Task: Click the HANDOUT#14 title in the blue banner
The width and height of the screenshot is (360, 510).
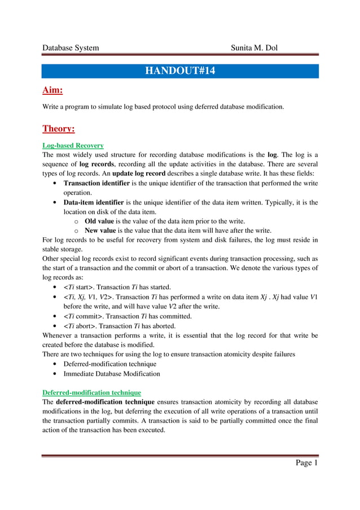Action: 180,71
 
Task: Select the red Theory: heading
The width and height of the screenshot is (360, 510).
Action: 59,129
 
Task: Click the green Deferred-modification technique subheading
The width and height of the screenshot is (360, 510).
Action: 91,392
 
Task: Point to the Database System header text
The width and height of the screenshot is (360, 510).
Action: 71,47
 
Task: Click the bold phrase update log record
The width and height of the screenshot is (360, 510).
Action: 141,174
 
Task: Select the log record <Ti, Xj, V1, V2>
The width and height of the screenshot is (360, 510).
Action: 90,297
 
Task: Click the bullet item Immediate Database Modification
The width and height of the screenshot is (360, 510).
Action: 112,373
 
